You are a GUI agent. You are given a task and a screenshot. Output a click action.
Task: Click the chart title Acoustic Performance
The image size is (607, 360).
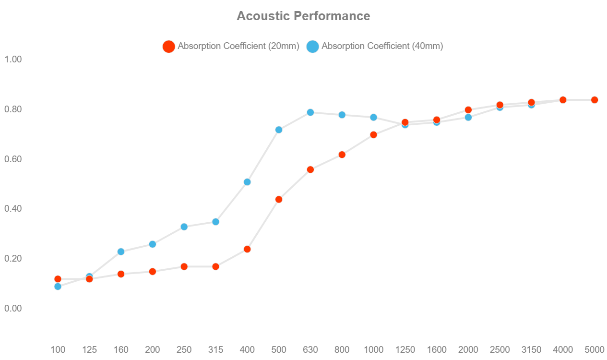click(x=303, y=16)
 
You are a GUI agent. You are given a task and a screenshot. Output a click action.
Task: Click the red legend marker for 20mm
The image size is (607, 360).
click(x=168, y=47)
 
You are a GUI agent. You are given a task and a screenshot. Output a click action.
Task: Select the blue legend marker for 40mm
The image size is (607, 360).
click(x=312, y=47)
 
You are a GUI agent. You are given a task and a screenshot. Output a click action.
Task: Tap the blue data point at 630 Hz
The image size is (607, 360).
click(x=310, y=112)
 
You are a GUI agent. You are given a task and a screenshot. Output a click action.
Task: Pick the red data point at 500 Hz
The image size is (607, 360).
click(x=279, y=199)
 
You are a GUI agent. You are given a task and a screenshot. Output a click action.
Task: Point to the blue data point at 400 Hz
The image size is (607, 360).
click(x=247, y=182)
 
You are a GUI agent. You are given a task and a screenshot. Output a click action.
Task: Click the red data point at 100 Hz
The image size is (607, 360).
click(x=58, y=279)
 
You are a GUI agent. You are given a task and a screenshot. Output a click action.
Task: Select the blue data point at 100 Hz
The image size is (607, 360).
click(x=58, y=287)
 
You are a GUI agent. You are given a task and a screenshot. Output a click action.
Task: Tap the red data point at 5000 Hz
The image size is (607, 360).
click(x=594, y=100)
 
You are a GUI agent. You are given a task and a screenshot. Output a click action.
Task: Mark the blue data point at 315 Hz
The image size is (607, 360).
click(x=215, y=222)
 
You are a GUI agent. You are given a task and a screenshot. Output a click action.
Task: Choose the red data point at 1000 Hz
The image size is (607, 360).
click(x=373, y=135)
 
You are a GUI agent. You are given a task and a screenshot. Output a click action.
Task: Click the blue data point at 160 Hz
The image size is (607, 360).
click(x=121, y=252)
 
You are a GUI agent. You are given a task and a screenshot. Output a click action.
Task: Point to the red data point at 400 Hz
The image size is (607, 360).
click(x=247, y=249)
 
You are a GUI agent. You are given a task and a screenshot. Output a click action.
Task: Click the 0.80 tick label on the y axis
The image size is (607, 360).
click(x=13, y=109)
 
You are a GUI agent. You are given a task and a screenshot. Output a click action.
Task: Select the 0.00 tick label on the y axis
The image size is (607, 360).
click(x=13, y=308)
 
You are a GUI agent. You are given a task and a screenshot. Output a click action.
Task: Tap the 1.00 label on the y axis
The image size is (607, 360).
click(x=13, y=59)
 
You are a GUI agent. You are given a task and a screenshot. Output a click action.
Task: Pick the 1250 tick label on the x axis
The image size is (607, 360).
click(x=405, y=349)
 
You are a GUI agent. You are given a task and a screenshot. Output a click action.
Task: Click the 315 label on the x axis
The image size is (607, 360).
click(x=215, y=349)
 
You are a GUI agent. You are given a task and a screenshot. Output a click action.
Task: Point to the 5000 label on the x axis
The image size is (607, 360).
click(x=594, y=349)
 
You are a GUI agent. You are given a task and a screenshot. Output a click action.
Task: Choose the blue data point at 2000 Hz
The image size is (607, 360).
click(x=468, y=117)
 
